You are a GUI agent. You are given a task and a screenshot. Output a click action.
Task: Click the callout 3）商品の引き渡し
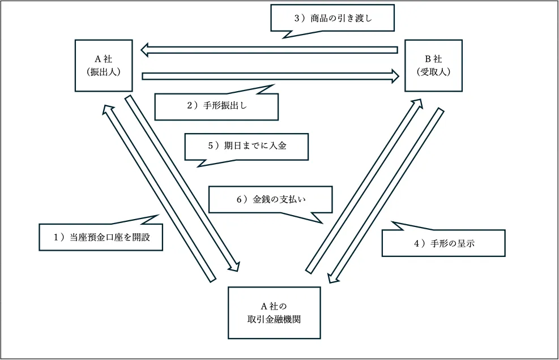(x=332, y=18)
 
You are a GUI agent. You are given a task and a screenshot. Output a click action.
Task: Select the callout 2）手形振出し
(x=216, y=106)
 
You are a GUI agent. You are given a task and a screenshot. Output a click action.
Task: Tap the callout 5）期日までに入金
(x=246, y=146)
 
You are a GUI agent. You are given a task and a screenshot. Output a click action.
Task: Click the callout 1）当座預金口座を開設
(x=101, y=237)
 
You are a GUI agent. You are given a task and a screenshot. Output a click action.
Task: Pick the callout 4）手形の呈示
(x=443, y=243)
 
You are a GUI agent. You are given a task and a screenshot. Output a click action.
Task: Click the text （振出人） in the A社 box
(x=104, y=72)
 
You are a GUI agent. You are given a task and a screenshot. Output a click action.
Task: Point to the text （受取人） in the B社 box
(x=433, y=72)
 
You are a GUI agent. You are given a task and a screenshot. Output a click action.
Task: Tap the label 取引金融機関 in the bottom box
(x=274, y=319)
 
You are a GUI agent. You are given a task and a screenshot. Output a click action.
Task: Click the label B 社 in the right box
(x=433, y=58)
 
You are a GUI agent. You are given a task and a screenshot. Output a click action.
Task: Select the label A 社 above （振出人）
(x=104, y=59)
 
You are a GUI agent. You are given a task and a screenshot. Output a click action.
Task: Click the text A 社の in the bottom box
(x=274, y=306)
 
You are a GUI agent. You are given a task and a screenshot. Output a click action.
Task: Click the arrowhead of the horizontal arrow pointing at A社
(x=146, y=50)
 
